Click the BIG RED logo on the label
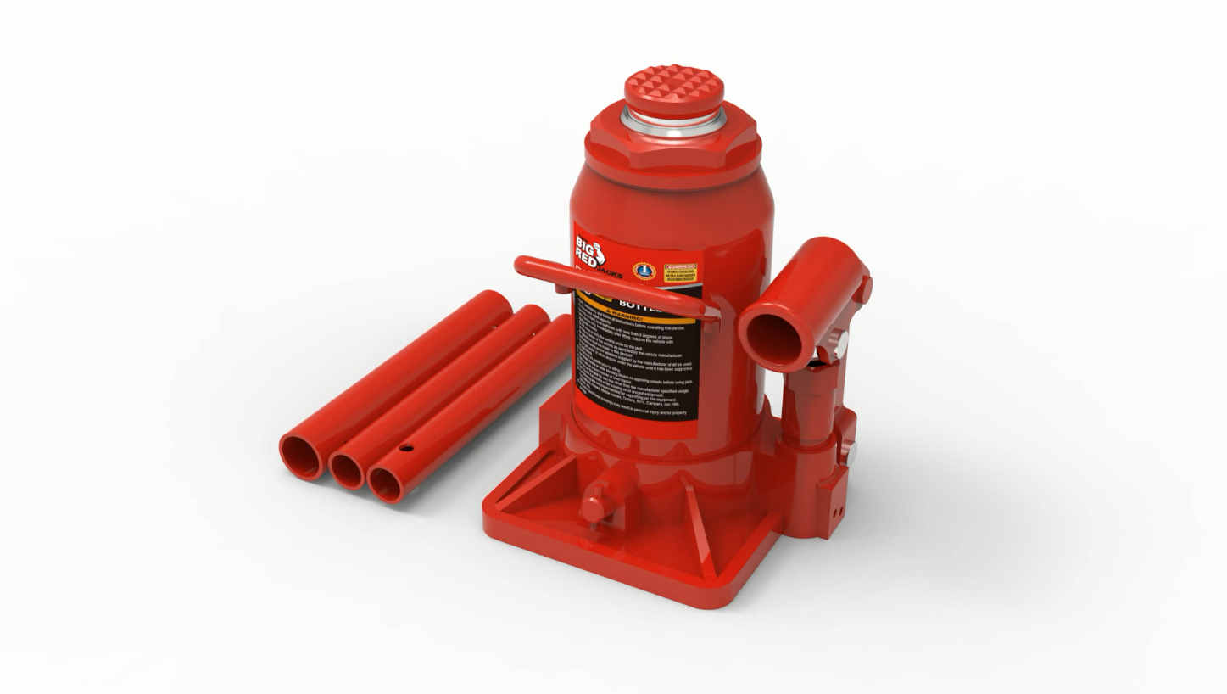[588, 251]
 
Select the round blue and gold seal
[645, 271]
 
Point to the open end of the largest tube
[301, 458]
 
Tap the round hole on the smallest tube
[406, 447]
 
